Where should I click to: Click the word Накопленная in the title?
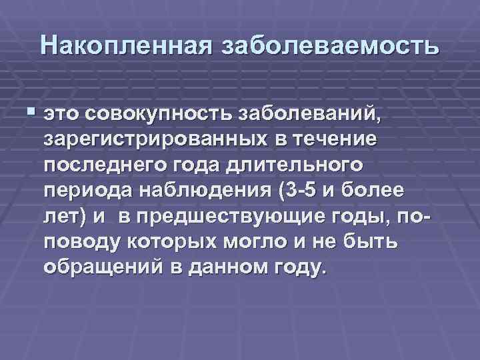coord(126,47)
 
